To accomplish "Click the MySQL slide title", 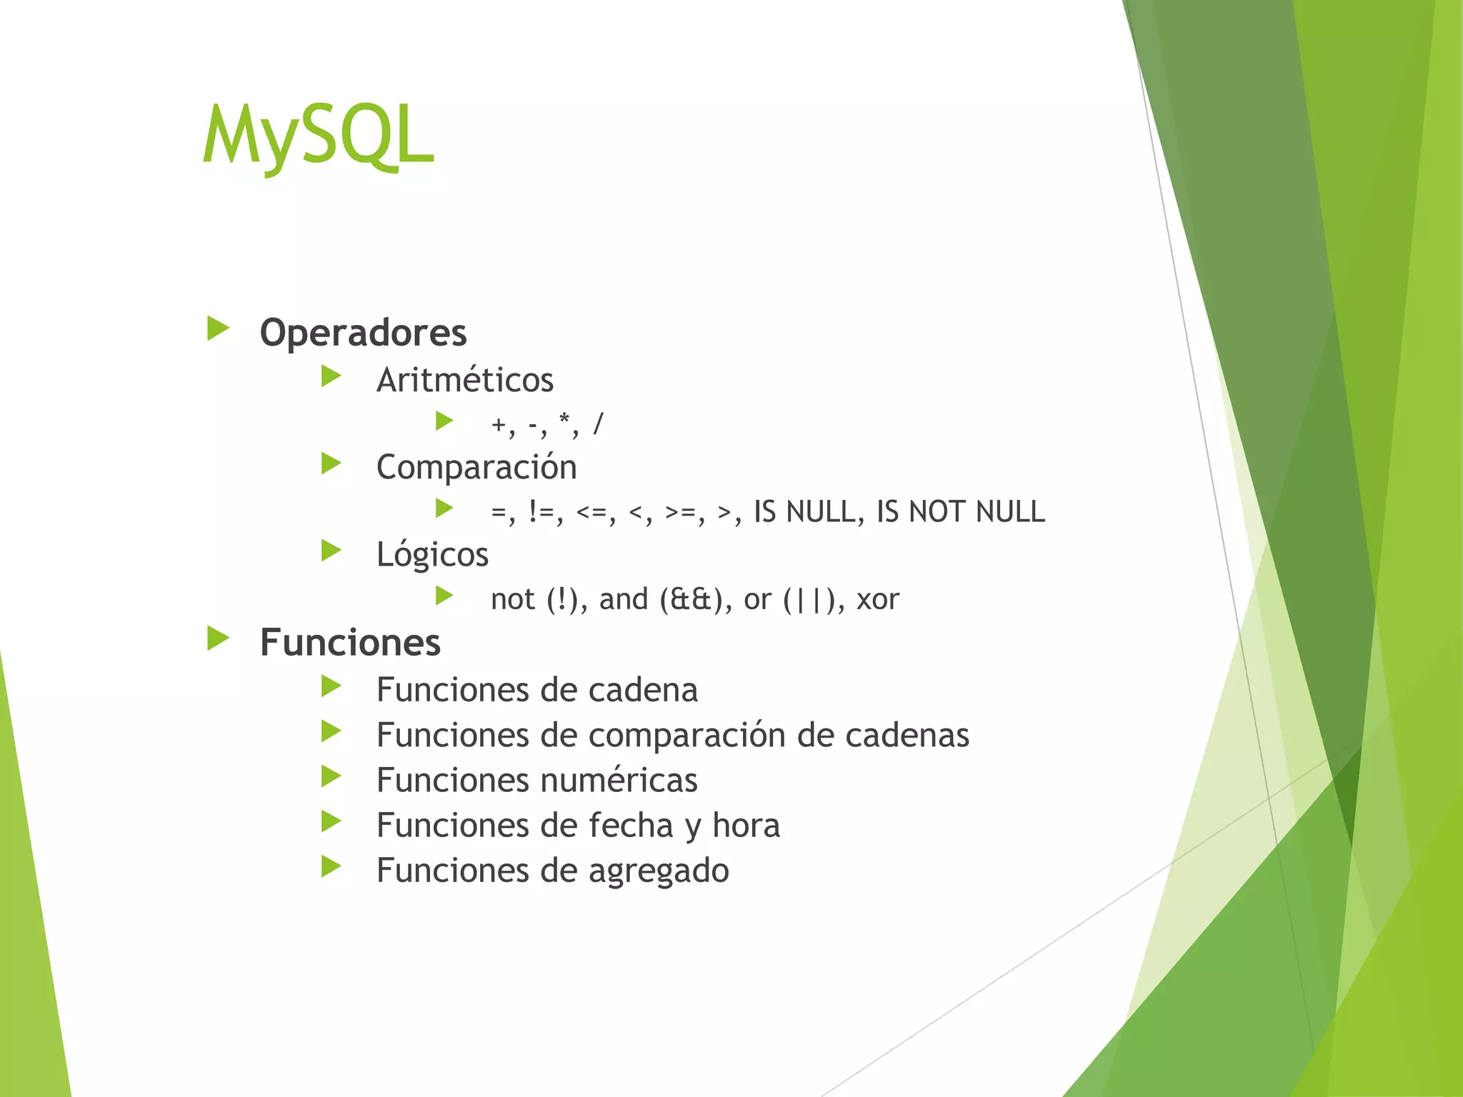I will pos(318,136).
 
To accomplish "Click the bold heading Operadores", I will pos(363,333).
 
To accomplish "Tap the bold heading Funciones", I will pos(350,642).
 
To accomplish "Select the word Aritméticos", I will pos(465,379).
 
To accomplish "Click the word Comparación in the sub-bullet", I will pos(476,467).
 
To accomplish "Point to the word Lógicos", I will pos(432,554).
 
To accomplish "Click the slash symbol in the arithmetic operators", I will pos(598,424).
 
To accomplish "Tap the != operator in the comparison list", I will pos(545,512).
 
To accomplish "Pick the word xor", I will pos(877,599).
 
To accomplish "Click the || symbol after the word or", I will pos(809,599).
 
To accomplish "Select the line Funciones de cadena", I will pos(536,690).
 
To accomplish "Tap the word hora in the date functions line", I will pos(746,825).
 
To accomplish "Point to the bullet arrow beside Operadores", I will pos(218,329).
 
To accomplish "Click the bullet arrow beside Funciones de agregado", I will pos(331,866).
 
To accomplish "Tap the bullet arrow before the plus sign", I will pos(444,421).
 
